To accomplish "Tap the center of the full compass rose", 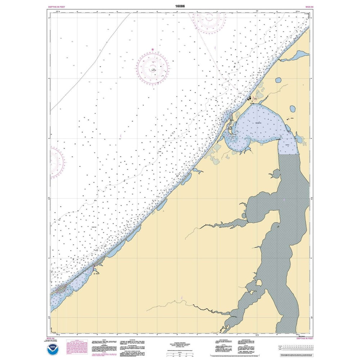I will tap(153, 68).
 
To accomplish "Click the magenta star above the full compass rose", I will tap(153, 49).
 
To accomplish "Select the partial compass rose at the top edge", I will tap(209, 20).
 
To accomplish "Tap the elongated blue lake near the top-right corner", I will tap(298, 56).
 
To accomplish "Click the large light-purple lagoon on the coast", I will tap(259, 126).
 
